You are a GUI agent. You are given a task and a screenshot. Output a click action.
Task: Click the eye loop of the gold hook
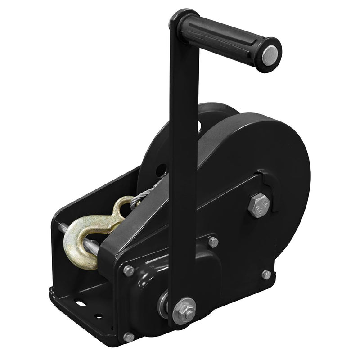(x=122, y=208)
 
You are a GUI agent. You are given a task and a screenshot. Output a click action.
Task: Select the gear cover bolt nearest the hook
(x=129, y=270)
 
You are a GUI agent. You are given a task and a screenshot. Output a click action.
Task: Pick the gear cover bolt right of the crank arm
(x=213, y=242)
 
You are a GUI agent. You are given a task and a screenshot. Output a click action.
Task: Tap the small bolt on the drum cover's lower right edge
(x=266, y=274)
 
